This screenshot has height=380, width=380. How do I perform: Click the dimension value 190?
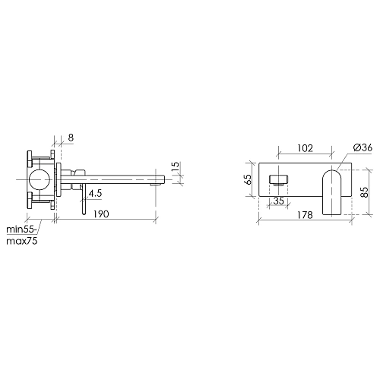click(101, 214)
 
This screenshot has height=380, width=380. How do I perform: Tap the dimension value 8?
click(71, 138)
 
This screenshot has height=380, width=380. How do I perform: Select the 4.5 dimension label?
click(95, 194)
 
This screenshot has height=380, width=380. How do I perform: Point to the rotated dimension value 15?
click(176, 166)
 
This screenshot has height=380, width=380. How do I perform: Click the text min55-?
click(22, 230)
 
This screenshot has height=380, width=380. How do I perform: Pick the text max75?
click(22, 241)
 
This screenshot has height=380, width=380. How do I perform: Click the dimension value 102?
click(305, 148)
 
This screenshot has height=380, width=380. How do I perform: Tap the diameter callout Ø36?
click(363, 147)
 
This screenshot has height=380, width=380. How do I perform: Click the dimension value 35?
click(278, 201)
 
